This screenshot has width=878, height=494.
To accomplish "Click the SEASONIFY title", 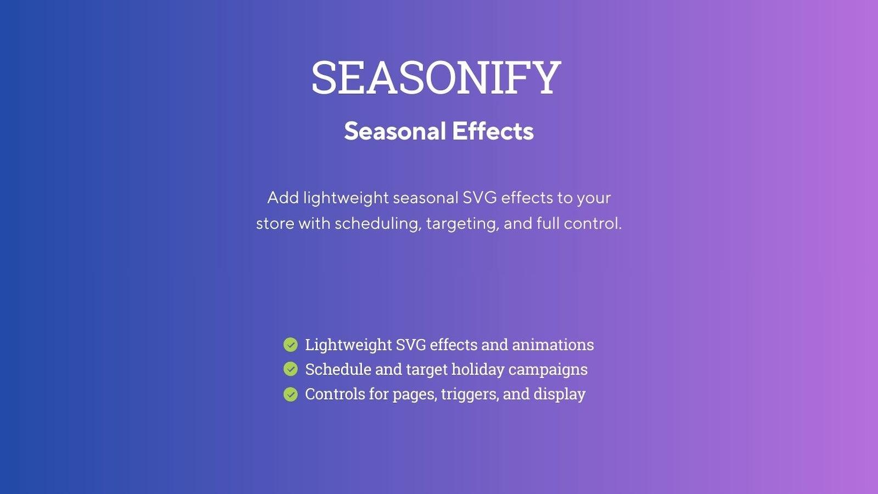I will click(x=436, y=78).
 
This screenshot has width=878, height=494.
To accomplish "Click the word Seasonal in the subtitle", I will click(x=395, y=131).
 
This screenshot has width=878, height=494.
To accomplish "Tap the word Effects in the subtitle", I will click(x=492, y=131).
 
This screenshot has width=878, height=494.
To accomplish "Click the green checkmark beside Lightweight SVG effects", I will click(x=290, y=345).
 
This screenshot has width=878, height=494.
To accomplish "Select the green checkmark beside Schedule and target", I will click(x=290, y=369).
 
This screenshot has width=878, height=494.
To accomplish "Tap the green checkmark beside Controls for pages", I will click(x=290, y=394).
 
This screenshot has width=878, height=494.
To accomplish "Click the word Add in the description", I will click(x=283, y=198).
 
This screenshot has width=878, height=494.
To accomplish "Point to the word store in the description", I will click(x=275, y=224).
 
